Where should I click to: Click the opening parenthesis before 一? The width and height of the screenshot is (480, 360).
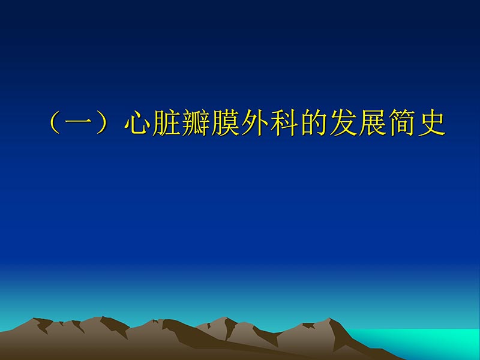point(56,124)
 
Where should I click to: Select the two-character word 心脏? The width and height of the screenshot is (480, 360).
point(151,124)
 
